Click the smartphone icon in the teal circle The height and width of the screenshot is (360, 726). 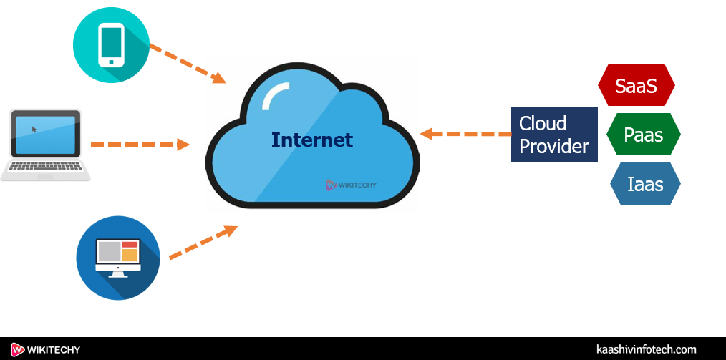click(x=111, y=45)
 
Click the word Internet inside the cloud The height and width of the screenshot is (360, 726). click(x=311, y=140)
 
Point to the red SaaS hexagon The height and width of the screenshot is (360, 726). click(x=636, y=86)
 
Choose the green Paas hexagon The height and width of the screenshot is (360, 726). click(x=643, y=135)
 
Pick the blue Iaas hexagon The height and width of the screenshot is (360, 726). click(x=644, y=184)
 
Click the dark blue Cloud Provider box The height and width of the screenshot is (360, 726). click(x=553, y=135)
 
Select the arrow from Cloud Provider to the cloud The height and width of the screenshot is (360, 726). click(x=465, y=134)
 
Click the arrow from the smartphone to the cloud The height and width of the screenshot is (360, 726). click(x=188, y=63)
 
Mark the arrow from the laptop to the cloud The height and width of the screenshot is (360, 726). click(x=140, y=145)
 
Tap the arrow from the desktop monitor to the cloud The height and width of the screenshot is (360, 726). click(x=203, y=243)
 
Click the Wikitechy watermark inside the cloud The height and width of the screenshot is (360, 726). click(x=351, y=185)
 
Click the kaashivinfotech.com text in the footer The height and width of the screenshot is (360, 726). click(x=646, y=349)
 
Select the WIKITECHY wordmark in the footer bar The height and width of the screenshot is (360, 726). click(x=54, y=349)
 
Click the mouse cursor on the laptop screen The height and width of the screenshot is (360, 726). click(x=34, y=130)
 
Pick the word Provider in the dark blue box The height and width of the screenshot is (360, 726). click(x=553, y=147)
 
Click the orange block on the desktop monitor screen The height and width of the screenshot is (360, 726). click(x=129, y=254)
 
